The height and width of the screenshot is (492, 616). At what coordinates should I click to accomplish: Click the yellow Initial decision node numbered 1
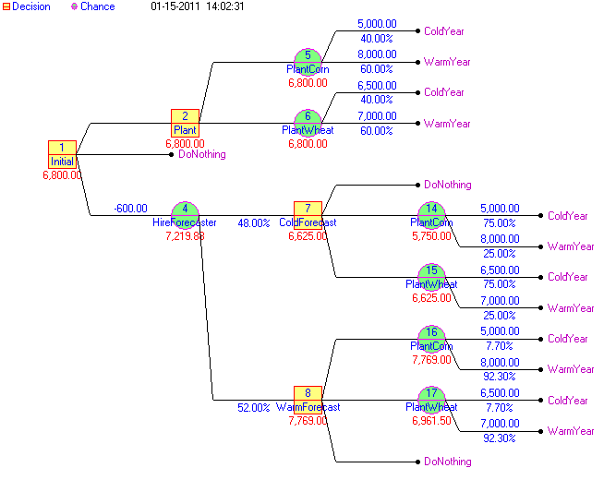(62, 153)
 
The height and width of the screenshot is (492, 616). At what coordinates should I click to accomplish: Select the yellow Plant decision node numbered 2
(185, 123)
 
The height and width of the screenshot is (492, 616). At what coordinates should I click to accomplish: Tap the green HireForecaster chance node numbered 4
(185, 215)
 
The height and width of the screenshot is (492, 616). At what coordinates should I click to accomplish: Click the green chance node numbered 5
(308, 61)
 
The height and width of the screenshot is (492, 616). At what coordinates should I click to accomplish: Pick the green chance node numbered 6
(308, 123)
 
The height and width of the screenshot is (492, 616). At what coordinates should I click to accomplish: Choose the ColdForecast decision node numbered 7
(308, 215)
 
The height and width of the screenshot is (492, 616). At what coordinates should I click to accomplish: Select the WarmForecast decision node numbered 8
(308, 400)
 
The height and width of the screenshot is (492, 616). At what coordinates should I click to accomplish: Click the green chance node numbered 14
(431, 215)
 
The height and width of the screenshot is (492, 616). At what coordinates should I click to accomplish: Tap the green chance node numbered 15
(431, 276)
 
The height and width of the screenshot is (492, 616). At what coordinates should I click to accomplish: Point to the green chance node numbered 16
(431, 338)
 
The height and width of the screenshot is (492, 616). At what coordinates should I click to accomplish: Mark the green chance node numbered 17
(431, 400)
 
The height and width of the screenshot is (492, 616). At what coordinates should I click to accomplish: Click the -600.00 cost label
(130, 208)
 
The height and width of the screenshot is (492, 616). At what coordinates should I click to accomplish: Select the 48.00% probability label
(254, 223)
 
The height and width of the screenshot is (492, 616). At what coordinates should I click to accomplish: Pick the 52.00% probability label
(254, 407)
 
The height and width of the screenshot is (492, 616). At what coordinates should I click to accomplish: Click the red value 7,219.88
(185, 236)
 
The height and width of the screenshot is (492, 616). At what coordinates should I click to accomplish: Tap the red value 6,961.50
(431, 421)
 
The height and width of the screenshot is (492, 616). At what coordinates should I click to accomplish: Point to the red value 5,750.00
(431, 236)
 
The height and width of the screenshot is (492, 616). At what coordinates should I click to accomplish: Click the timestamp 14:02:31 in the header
(224, 6)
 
